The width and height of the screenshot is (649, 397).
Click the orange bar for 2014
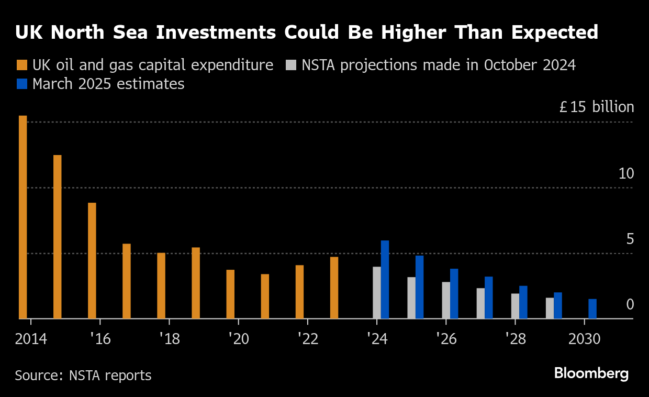23,217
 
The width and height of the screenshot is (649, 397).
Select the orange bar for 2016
92,260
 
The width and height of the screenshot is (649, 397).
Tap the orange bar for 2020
230,294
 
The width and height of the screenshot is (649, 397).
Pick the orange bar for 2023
334,288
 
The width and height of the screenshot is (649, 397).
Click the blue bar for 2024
385,279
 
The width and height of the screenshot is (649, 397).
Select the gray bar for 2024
377,292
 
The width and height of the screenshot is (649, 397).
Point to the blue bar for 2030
592,308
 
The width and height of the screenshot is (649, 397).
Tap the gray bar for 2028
515,306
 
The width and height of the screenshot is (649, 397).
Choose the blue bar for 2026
454,293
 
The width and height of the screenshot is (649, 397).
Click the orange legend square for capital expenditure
21,65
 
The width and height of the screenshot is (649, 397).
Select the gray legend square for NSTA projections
291,65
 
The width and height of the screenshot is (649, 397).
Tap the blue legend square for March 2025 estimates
21,84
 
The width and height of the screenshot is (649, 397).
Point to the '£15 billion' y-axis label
596,107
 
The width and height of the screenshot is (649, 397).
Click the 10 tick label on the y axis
626,174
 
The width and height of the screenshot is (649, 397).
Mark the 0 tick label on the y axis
630,304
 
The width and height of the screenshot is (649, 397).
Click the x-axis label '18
169,339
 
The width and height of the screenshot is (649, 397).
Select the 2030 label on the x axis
585,339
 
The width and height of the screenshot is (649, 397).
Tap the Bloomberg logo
591,373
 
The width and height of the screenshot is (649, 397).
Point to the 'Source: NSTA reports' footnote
83,376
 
